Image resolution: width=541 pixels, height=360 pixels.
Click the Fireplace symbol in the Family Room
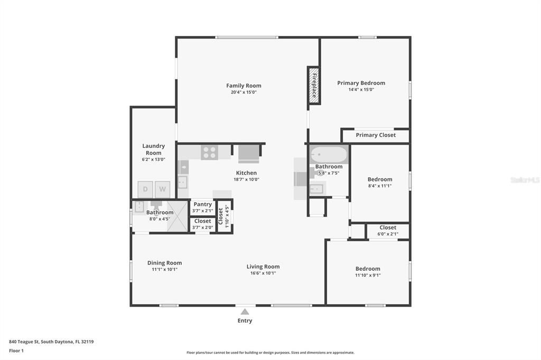[314, 86]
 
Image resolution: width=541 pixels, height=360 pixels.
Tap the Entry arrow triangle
[245, 312]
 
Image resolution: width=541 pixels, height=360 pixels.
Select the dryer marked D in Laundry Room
[145, 189]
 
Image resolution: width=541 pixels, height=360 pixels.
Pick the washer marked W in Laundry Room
[163, 189]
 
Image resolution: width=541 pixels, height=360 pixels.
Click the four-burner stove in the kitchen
[209, 153]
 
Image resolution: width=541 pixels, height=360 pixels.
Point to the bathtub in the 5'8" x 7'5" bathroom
[329, 155]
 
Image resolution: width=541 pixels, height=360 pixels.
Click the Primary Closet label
[375, 135]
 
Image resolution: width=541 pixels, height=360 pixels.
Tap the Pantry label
[202, 204]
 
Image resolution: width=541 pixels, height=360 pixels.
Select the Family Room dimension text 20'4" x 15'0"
[244, 92]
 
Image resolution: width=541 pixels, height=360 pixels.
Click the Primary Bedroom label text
[361, 83]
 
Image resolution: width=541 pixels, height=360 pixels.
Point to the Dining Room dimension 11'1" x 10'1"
[164, 269]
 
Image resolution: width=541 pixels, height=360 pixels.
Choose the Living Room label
[263, 267]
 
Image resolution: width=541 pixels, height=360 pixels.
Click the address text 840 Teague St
[51, 342]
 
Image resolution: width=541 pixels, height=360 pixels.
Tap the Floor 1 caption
[16, 350]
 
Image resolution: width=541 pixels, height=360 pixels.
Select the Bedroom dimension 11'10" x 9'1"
[368, 275]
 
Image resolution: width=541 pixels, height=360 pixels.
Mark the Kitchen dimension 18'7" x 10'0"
[246, 179]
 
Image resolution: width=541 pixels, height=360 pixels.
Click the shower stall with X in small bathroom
[178, 216]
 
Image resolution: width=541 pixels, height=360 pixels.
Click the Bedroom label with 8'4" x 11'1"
[380, 179]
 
